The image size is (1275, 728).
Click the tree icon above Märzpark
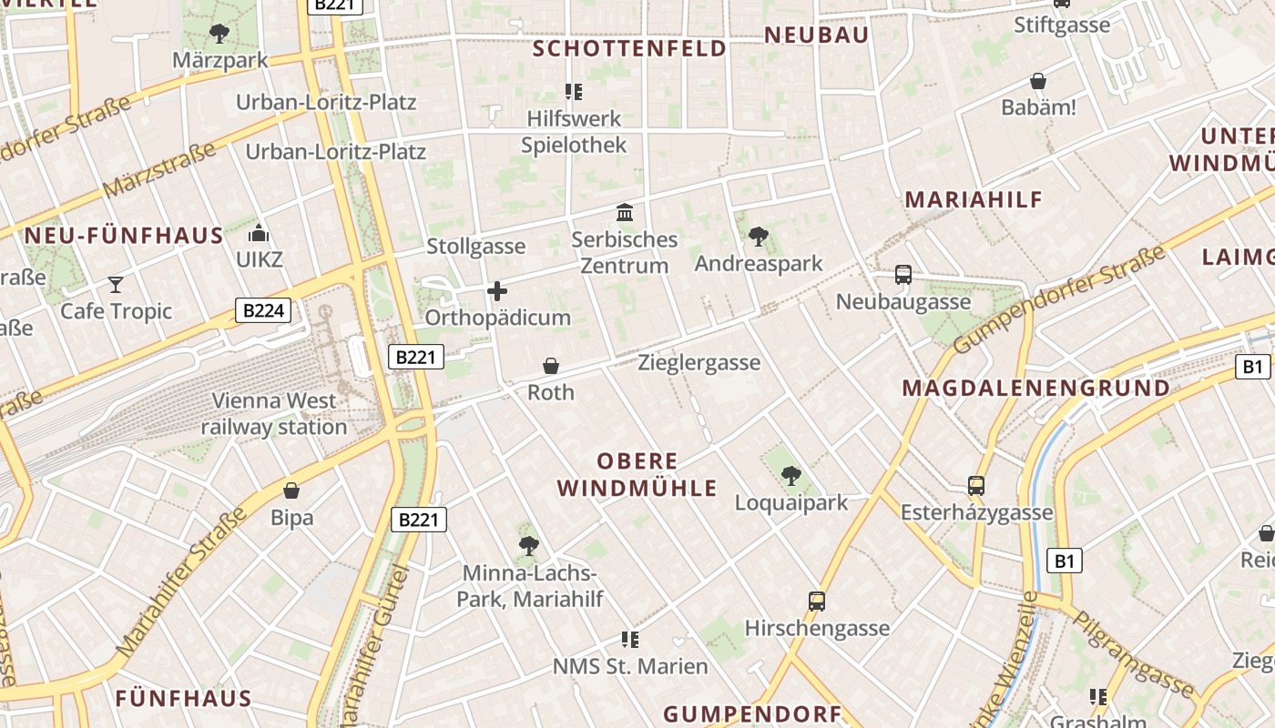(x=219, y=34)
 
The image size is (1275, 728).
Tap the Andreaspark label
(x=758, y=264)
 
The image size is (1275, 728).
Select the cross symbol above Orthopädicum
(x=497, y=291)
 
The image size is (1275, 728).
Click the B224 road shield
(x=264, y=311)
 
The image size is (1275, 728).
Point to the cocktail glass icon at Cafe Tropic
(x=116, y=285)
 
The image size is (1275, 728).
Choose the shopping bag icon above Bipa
(x=291, y=491)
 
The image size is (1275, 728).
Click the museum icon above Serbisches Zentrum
(x=625, y=213)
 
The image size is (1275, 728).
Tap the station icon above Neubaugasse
(x=903, y=275)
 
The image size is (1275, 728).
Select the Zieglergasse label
(x=699, y=363)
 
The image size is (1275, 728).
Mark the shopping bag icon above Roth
(x=551, y=366)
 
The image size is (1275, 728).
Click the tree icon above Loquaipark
(x=790, y=475)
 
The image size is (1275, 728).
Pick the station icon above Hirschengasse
(x=817, y=601)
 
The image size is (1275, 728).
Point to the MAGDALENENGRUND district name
(x=1035, y=389)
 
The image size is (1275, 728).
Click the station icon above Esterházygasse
(x=976, y=486)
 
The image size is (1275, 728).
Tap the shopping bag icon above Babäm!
(x=1038, y=81)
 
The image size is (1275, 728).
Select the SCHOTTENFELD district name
(x=629, y=48)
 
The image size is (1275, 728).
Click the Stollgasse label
(x=476, y=247)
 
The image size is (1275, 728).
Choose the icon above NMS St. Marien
(x=629, y=639)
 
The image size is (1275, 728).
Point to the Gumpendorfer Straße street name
(x=1059, y=299)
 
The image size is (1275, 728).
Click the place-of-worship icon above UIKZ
(x=260, y=233)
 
